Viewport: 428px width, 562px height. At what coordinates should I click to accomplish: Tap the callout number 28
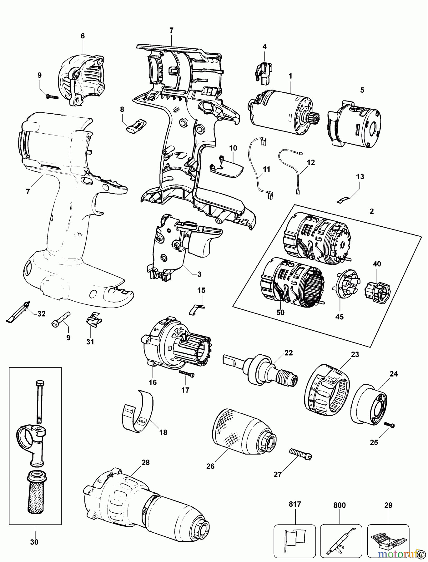coord(145,463)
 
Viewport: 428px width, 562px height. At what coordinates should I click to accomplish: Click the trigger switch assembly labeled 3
coord(178,247)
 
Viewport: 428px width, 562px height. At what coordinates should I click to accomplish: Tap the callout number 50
coord(280,312)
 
